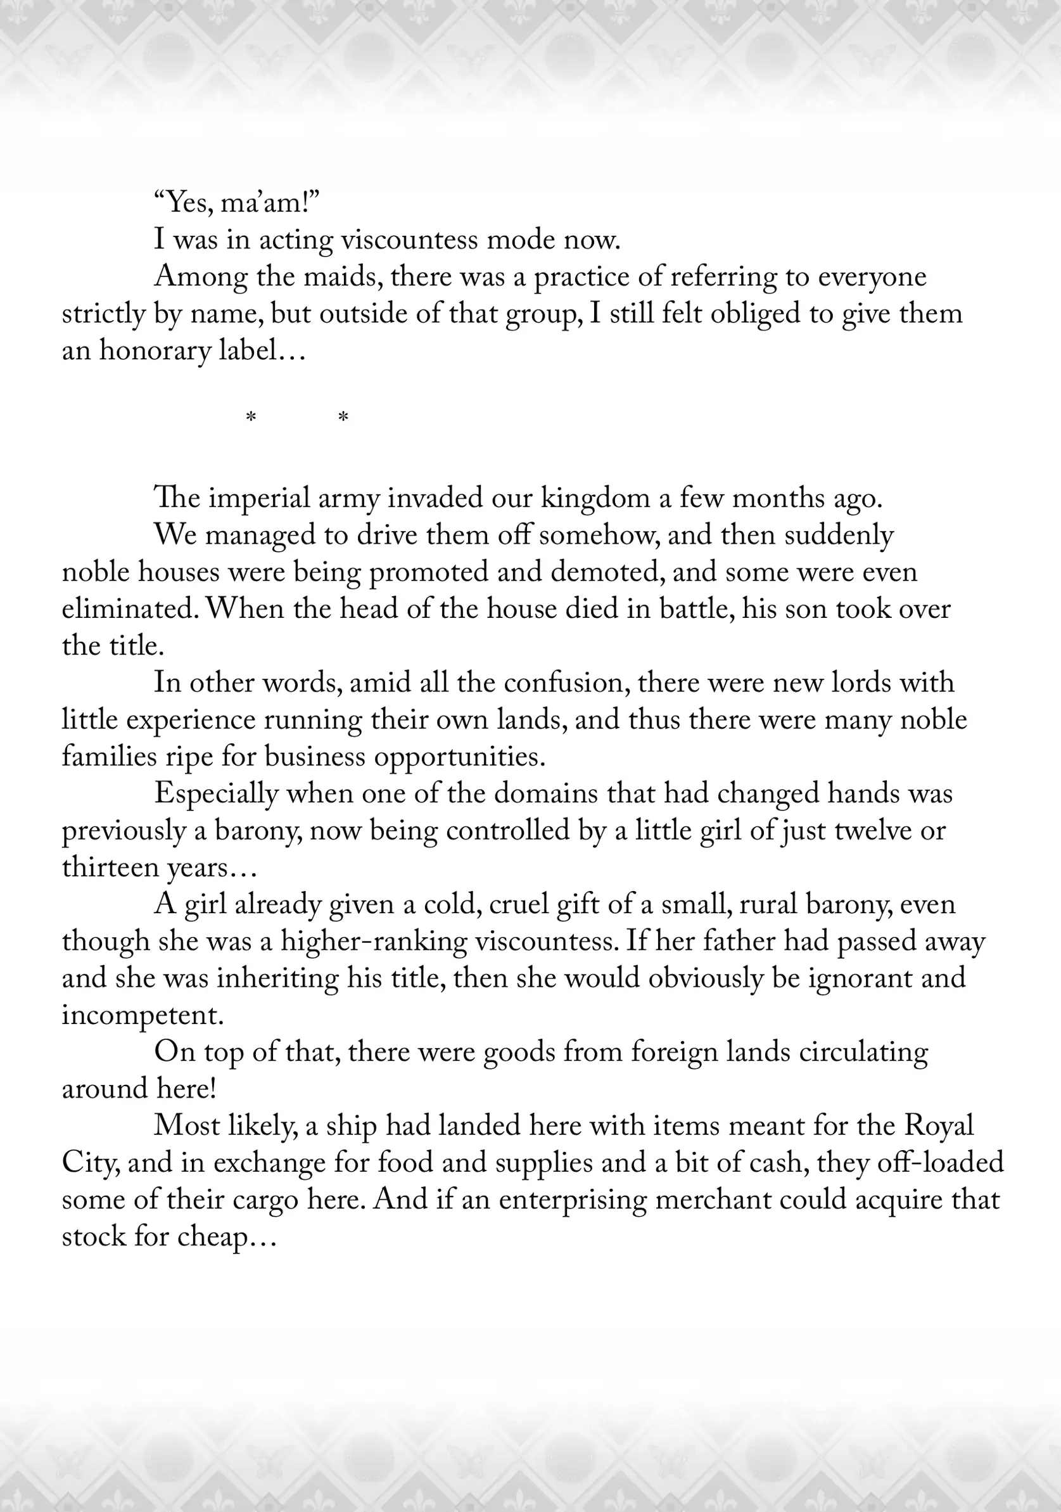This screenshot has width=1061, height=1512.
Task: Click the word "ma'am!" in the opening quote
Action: [x=270, y=203]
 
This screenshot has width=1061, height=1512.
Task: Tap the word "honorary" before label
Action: [x=155, y=350]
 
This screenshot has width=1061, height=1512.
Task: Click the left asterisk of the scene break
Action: [x=251, y=418]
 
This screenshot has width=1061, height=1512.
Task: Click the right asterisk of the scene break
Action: [x=343, y=418]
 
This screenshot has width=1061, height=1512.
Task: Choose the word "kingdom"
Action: [x=595, y=498]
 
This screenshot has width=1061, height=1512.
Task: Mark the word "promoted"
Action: [x=428, y=572]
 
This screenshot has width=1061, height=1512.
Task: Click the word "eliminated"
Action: [x=130, y=608]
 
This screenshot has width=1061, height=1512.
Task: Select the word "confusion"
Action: [x=567, y=682]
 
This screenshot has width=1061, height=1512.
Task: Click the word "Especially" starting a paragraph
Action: [x=216, y=793]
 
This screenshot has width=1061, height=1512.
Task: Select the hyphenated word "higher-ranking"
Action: [x=373, y=940]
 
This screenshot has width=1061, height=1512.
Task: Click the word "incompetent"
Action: [x=143, y=1014]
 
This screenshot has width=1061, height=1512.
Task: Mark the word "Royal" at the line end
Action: [x=939, y=1125]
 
